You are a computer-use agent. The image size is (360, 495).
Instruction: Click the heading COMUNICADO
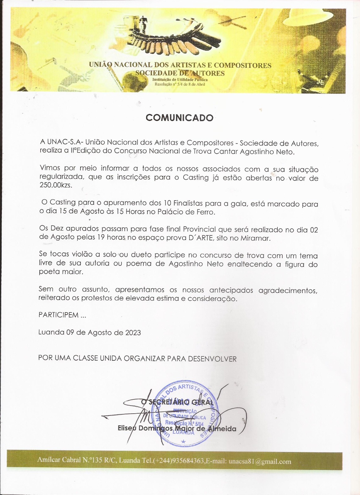[x=180, y=118]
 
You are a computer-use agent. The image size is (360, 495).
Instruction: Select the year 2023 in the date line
[x=133, y=333]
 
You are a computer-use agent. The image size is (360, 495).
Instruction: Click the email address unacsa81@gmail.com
[x=260, y=462]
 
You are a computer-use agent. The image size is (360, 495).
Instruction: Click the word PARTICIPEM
[x=59, y=315]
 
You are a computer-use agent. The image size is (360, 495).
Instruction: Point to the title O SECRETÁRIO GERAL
[x=177, y=402]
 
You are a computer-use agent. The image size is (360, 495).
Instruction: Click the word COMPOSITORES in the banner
[x=242, y=65]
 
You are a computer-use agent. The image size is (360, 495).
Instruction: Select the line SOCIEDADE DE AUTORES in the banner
[x=180, y=73]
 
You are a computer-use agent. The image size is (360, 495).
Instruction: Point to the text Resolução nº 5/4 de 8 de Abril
[x=180, y=84]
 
